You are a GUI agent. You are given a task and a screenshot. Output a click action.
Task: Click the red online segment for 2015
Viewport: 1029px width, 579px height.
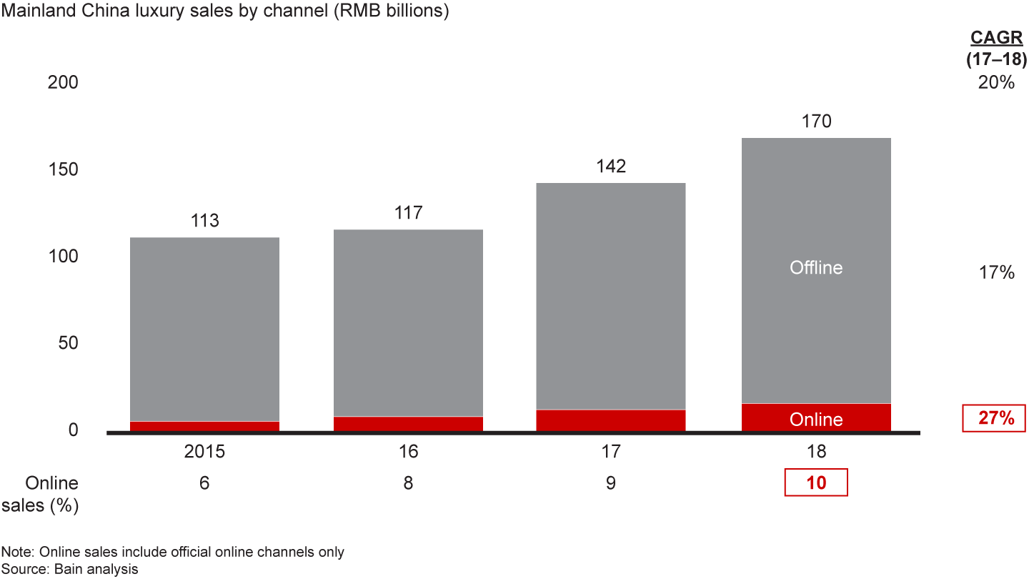pos(204,426)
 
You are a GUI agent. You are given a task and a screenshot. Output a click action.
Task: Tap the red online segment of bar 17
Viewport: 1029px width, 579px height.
pos(610,420)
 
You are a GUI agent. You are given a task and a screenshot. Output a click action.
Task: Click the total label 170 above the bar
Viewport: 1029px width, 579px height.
pos(816,122)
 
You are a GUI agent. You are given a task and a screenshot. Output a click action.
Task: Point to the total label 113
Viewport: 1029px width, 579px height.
pos(204,220)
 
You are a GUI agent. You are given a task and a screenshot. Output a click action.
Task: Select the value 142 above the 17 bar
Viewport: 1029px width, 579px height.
pos(610,167)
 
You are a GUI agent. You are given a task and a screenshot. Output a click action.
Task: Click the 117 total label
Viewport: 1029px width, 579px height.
pos(408,212)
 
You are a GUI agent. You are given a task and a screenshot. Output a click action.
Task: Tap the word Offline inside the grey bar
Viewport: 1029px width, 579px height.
pos(816,268)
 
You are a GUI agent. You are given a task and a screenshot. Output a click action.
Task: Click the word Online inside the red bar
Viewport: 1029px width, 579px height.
pos(816,420)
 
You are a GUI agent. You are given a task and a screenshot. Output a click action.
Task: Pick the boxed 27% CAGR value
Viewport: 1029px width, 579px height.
pos(996,418)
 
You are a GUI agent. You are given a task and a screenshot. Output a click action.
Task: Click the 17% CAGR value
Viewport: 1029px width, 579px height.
pos(996,272)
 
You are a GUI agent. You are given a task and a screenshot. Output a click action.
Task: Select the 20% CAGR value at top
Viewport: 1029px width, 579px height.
pos(996,83)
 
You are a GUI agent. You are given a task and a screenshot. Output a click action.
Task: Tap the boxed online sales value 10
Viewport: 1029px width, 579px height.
pos(816,482)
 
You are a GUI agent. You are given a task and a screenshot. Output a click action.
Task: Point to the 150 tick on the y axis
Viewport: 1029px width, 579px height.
pos(63,170)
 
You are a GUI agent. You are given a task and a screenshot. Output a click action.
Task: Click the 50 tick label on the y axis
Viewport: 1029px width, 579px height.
pos(68,343)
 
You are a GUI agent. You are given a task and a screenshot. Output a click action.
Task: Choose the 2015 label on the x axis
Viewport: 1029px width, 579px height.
pos(204,452)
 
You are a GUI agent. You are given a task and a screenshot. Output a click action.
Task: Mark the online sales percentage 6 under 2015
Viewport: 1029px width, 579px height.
pos(204,483)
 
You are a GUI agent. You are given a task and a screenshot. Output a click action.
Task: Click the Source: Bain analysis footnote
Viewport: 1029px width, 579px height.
pos(70,569)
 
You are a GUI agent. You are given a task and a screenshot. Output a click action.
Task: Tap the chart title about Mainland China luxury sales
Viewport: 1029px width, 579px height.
pos(225,12)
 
